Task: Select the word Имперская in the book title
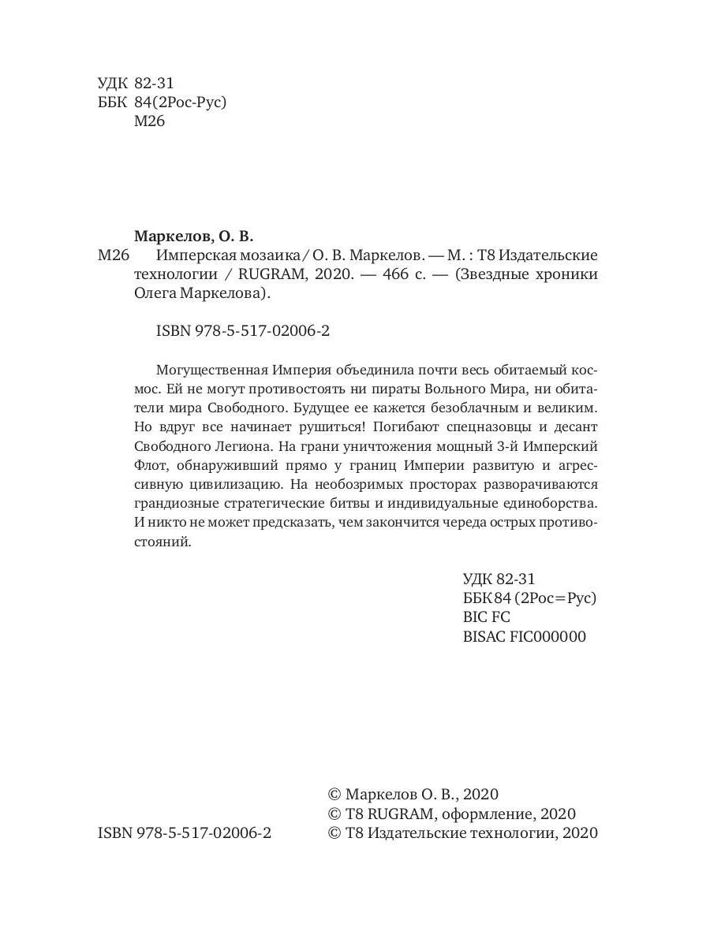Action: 192,255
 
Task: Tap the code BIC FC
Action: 487,617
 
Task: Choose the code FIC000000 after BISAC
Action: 548,637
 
